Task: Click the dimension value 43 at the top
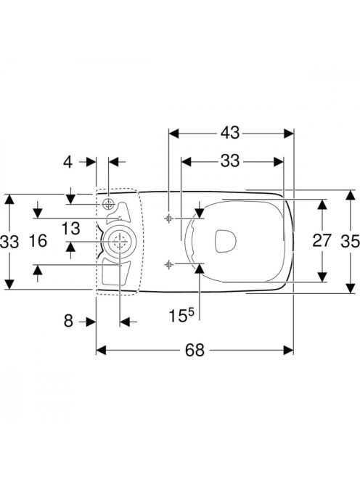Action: pos(230,133)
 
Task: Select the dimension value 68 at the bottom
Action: pos(195,350)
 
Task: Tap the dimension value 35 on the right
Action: pos(350,241)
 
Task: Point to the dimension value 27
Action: pos(322,240)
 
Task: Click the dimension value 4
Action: pos(68,162)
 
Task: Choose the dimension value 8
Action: pos(68,322)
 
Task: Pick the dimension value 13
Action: pos(70,229)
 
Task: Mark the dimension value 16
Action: pos(38,240)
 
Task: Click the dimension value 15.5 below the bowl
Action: pos(181,315)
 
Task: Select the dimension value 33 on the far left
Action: pos(9,241)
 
